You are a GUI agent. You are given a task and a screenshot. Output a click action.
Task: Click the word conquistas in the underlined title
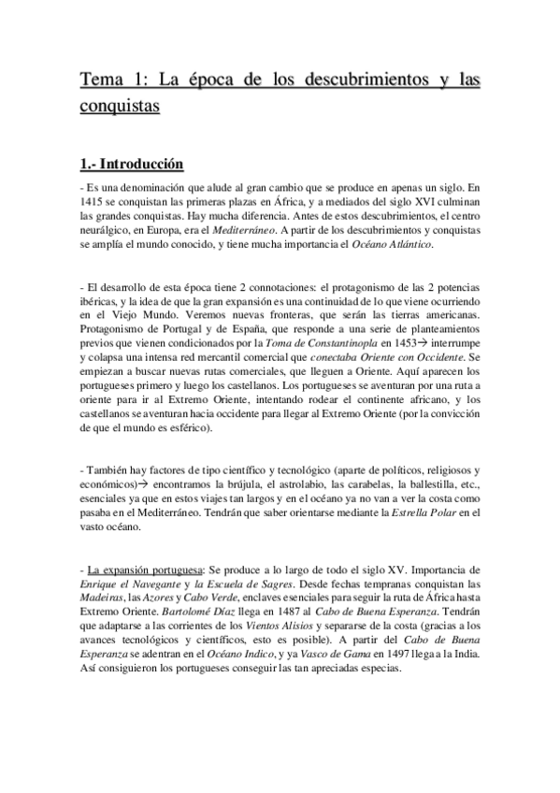pyautogui.click(x=120, y=106)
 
